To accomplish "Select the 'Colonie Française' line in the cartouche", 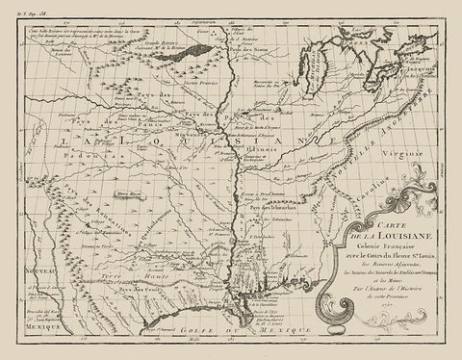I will (x=387, y=255).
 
